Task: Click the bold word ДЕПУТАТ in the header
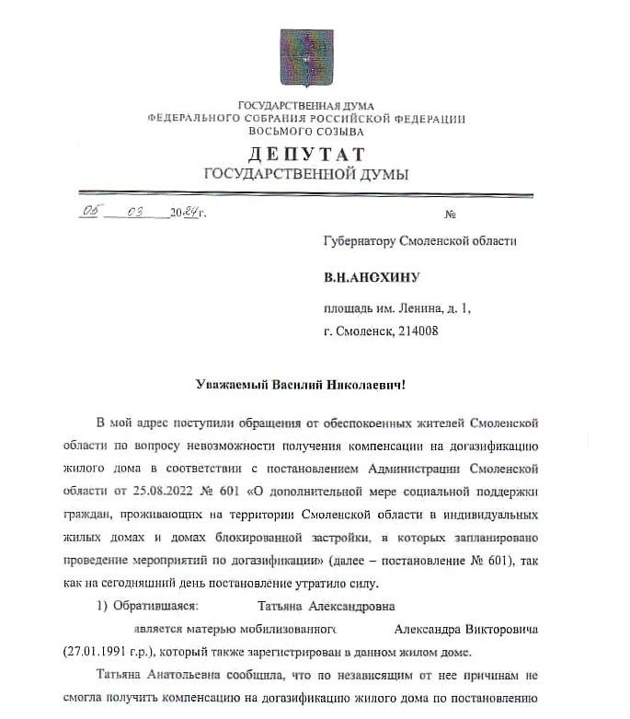pyautogui.click(x=305, y=154)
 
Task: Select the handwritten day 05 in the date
pyautogui.click(x=89, y=213)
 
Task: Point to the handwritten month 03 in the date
pyautogui.click(x=137, y=213)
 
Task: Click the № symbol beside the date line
pyautogui.click(x=451, y=215)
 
